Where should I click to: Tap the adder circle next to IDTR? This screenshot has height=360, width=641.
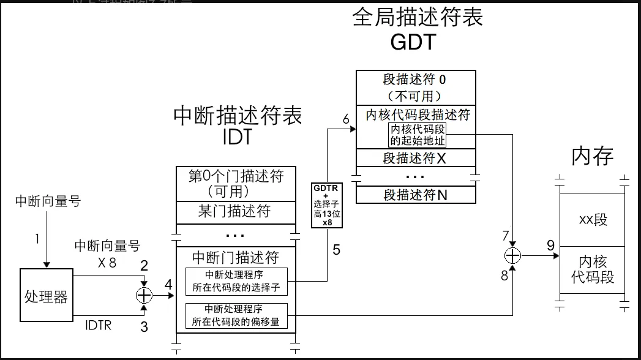point(144,295)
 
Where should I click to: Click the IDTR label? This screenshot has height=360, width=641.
point(98,325)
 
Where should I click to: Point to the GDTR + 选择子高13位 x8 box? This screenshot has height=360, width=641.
point(327,205)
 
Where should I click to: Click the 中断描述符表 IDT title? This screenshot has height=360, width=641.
point(238,126)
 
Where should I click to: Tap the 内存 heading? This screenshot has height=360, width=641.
point(592,156)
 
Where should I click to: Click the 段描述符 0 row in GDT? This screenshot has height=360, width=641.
point(416,87)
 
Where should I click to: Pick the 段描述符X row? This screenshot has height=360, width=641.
point(416,157)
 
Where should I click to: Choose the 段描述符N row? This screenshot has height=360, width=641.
point(416,195)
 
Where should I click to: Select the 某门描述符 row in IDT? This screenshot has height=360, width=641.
point(235,212)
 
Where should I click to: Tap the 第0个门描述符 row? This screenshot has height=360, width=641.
point(235,183)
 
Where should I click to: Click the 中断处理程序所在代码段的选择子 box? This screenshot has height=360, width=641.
point(236,280)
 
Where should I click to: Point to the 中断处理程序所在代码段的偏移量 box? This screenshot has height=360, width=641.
point(236,315)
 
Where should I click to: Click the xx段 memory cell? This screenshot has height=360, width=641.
point(592,220)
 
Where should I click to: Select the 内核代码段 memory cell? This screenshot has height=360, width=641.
point(592,269)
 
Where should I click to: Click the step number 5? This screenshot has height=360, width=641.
point(336,249)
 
